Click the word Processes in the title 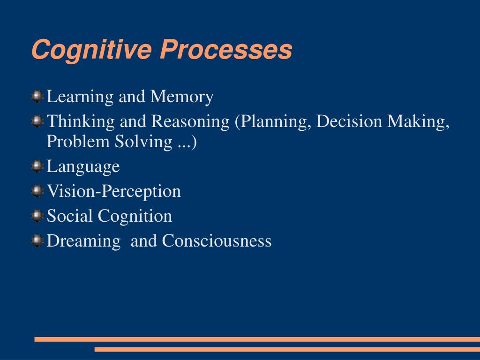point(226,50)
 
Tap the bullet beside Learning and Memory point(37,97)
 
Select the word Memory point(182,97)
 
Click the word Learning point(80,97)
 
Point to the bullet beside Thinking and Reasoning point(37,121)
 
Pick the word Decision point(349,121)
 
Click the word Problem point(78,142)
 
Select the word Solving point(144,142)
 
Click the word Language point(83,167)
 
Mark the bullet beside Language point(37,166)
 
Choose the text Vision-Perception point(114,191)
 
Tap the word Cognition point(135,217)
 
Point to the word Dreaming point(83,241)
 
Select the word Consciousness point(217,241)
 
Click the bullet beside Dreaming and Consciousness point(37,240)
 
